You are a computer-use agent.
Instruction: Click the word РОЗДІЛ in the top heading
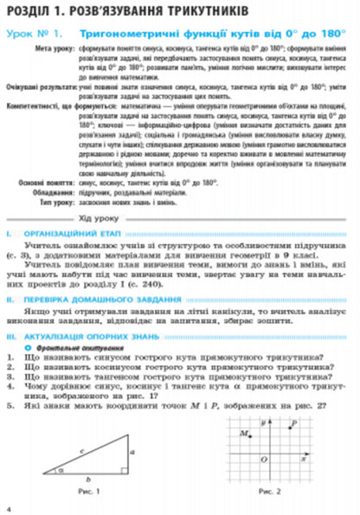tap(27, 11)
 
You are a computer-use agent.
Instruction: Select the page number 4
tap(8, 505)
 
